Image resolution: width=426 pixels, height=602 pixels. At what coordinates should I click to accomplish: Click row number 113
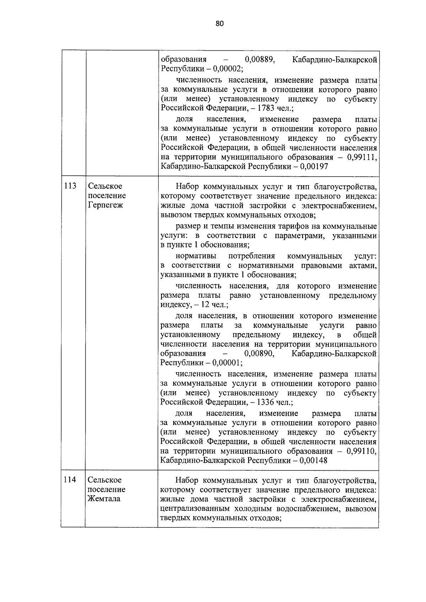coord(70,186)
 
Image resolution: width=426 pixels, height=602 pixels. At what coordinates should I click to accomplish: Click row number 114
coord(70,480)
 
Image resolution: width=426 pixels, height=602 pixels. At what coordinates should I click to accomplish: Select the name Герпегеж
coord(105,205)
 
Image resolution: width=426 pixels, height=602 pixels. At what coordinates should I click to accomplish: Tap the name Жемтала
coord(104,499)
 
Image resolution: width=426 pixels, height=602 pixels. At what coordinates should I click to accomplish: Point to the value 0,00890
coord(260,353)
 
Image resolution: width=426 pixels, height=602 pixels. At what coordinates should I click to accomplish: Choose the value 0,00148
coord(313,460)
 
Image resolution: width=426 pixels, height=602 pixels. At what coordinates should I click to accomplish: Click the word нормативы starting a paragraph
coord(196,256)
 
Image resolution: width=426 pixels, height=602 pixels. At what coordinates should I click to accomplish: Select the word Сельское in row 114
coord(105,480)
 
